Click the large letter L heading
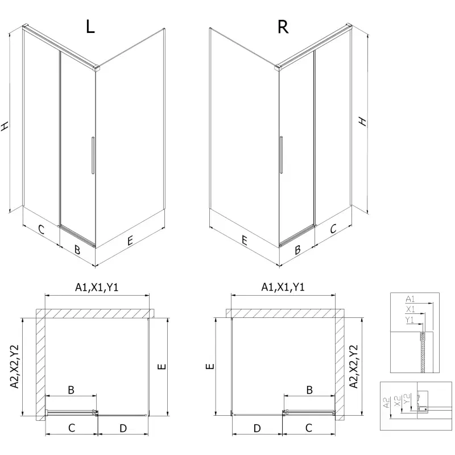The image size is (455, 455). (90, 27)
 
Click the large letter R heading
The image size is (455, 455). (283, 27)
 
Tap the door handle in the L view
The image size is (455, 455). (93, 155)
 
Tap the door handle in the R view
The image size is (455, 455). (281, 155)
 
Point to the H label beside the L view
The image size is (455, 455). (5, 126)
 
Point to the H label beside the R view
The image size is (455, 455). (363, 121)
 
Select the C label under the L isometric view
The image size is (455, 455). (41, 230)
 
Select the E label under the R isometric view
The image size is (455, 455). (245, 241)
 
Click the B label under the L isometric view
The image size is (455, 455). (77, 250)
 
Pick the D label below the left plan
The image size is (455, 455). (123, 428)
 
